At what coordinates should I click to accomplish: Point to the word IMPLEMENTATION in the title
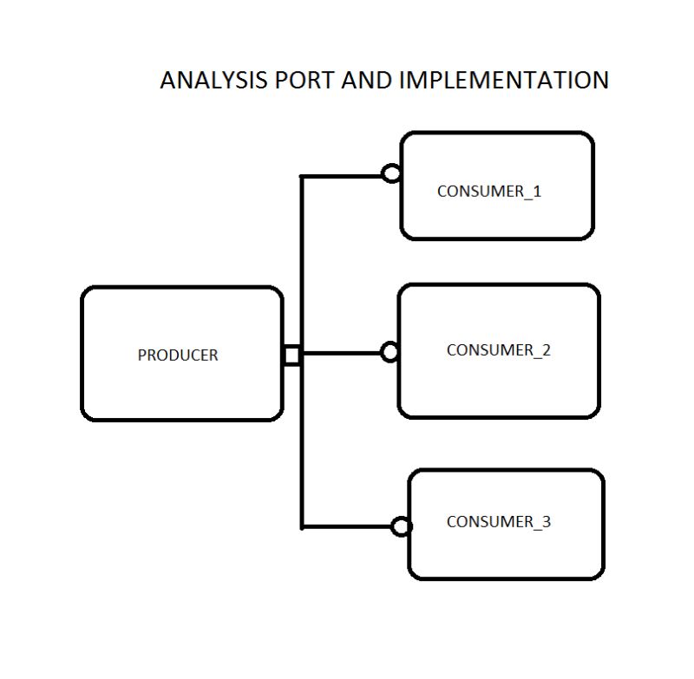click(504, 80)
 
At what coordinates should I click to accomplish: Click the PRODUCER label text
click(178, 355)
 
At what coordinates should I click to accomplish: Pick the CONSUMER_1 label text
click(488, 192)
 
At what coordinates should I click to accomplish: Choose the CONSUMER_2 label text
click(498, 350)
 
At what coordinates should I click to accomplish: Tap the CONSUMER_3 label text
click(498, 522)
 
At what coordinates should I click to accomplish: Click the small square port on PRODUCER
click(292, 355)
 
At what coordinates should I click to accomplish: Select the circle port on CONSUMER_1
click(391, 173)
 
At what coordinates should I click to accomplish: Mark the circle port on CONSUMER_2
click(390, 351)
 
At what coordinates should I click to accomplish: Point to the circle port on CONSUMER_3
click(401, 526)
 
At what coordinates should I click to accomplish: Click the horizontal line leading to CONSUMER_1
click(343, 176)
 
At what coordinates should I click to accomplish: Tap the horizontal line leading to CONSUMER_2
click(343, 353)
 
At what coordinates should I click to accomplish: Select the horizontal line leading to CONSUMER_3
click(347, 526)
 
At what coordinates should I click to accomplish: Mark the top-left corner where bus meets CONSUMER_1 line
click(302, 177)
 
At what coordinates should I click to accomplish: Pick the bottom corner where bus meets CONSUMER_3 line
click(302, 526)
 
